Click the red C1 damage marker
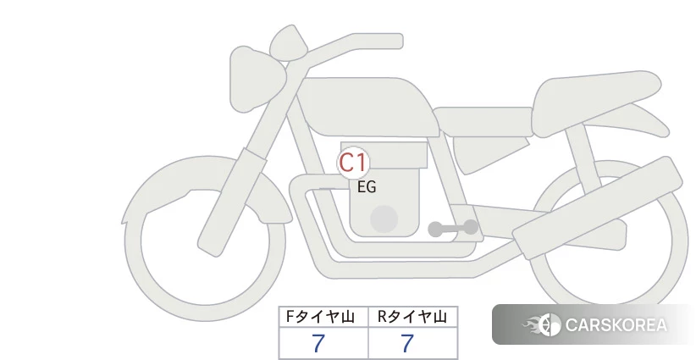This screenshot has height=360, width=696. pos(353,163)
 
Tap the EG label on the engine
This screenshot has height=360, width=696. pos(367,187)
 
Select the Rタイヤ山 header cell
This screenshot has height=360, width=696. pos(413,317)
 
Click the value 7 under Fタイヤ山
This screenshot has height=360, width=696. pos(318,343)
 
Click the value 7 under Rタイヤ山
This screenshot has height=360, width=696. pos(407,343)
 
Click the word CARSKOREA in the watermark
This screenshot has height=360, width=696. pos(616,325)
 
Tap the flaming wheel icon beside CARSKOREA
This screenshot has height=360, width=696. pos(542,324)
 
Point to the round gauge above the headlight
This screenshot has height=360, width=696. pos(289,43)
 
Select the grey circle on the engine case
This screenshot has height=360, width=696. pos(384,219)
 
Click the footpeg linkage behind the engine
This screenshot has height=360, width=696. pos(453,228)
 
